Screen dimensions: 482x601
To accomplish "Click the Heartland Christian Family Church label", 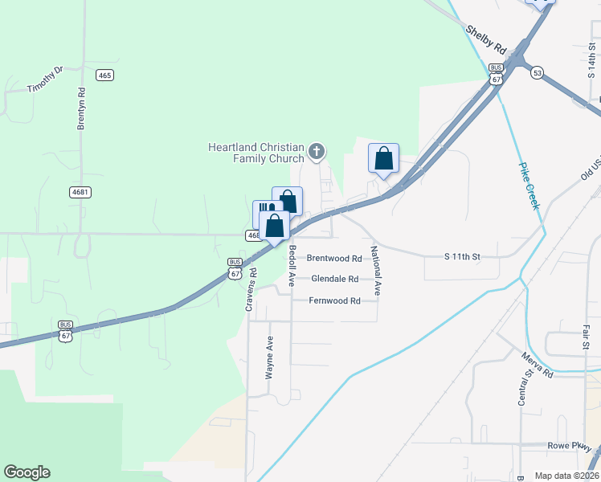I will [x=256, y=153].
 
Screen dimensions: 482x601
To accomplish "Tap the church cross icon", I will [x=317, y=150].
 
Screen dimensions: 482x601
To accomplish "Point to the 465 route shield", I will [x=104, y=75].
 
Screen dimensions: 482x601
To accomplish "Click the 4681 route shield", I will [x=80, y=192].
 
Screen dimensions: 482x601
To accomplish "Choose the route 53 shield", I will [x=537, y=72].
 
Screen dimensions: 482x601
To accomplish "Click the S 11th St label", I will [x=462, y=257].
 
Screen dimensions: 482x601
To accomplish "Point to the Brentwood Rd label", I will [x=334, y=259].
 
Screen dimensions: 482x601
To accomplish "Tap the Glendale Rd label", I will [x=334, y=280].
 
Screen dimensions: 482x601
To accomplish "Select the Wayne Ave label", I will [x=270, y=357].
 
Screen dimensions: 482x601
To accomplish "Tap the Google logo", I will [x=27, y=472].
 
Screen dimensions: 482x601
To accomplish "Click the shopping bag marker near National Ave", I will [x=383, y=157].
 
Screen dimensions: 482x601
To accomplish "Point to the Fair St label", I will [x=587, y=337].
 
